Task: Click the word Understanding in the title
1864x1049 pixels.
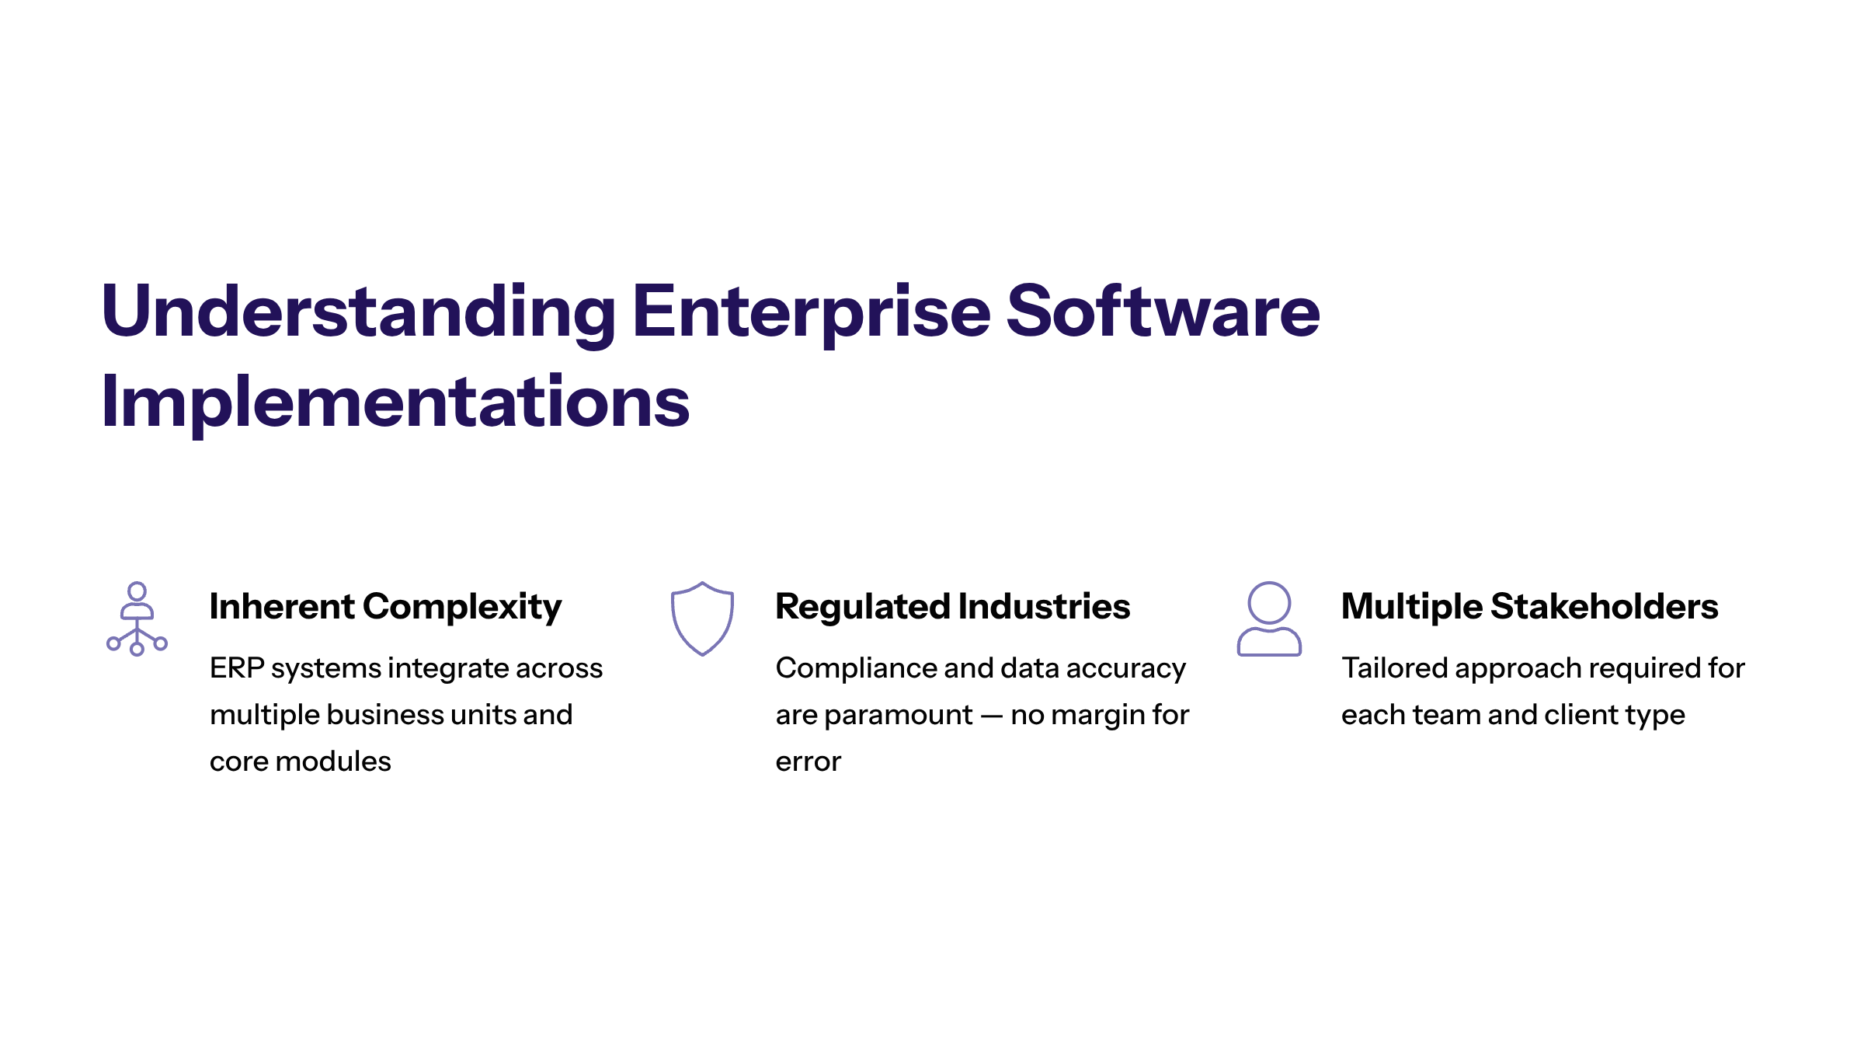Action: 359,312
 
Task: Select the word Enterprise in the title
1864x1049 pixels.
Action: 812,312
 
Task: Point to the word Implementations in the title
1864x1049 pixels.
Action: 395,403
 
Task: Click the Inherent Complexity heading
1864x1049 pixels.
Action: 385,607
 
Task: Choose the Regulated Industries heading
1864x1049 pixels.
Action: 953,607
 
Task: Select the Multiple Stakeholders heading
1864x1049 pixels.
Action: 1530,606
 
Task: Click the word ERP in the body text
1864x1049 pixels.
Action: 237,668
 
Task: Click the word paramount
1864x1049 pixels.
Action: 899,716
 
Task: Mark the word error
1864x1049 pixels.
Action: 809,762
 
